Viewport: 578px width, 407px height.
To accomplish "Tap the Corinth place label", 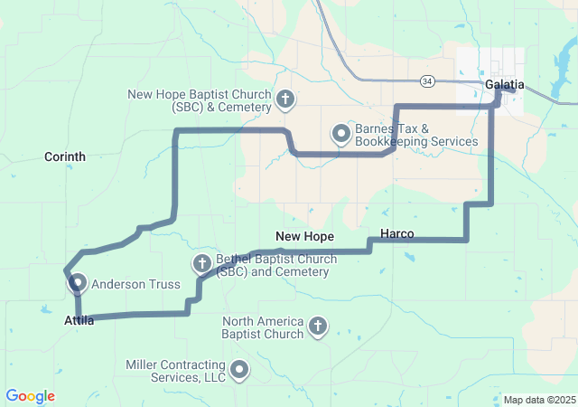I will pyautogui.click(x=65, y=156).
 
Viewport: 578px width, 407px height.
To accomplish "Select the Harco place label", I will pyautogui.click(x=397, y=234).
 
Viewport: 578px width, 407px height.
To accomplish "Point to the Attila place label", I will pyautogui.click(x=79, y=320).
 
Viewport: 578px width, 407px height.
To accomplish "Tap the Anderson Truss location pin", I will pyautogui.click(x=77, y=283).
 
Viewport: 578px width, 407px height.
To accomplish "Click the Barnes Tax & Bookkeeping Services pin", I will pyautogui.click(x=341, y=135).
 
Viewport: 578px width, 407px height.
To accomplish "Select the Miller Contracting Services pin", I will pyautogui.click(x=239, y=369).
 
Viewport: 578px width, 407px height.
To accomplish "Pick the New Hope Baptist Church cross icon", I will pyautogui.click(x=285, y=99).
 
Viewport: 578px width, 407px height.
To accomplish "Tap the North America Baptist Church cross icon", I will pyautogui.click(x=317, y=327).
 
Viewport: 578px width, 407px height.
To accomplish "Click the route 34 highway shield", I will pyautogui.click(x=427, y=81).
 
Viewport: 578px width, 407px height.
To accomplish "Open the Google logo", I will pyautogui.click(x=30, y=396).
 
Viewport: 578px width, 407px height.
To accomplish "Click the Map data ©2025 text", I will pyautogui.click(x=538, y=400).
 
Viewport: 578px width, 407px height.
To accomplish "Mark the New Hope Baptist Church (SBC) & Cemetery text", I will pyautogui.click(x=200, y=100).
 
